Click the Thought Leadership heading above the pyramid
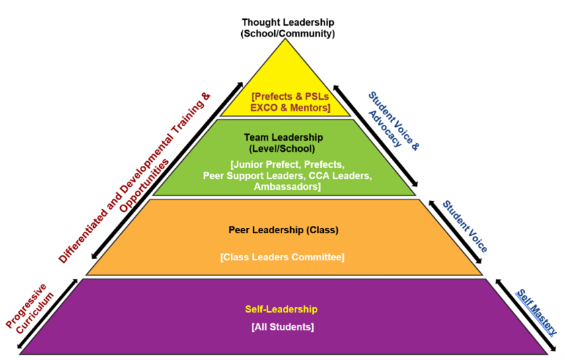click(288, 22)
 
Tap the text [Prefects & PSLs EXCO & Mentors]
click(290, 102)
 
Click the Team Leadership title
click(283, 137)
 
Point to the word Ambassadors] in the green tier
click(287, 187)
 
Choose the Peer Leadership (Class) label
click(283, 230)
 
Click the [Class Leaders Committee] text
click(283, 257)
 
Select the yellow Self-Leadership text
click(281, 309)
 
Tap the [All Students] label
click(283, 327)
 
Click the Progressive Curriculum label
click(30, 309)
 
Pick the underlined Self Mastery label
click(537, 312)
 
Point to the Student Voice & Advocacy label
click(393, 120)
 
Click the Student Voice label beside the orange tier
click(465, 227)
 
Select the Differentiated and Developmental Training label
click(134, 178)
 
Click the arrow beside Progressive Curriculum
click(47, 314)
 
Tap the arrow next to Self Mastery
click(526, 314)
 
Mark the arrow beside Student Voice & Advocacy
click(375, 136)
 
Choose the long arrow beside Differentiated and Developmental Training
click(167, 170)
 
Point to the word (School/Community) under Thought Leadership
click(288, 34)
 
